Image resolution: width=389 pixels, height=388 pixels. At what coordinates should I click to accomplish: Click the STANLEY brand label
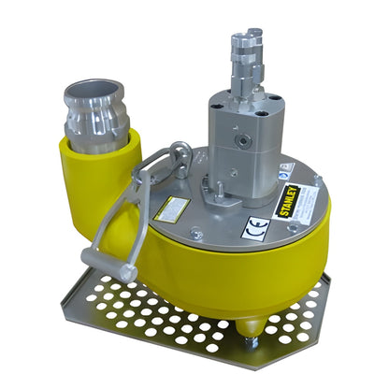[296, 198]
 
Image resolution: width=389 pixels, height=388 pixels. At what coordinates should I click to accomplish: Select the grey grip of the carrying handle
[102, 258]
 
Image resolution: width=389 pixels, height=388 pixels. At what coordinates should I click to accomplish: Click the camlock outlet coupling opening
[97, 94]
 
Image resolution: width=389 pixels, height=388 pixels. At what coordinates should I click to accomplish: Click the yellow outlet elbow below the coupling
[98, 173]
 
